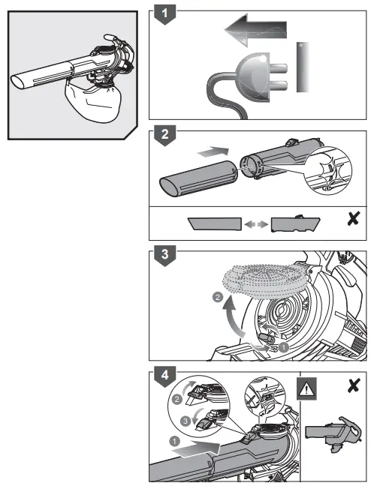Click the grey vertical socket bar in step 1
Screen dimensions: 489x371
click(x=302, y=67)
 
